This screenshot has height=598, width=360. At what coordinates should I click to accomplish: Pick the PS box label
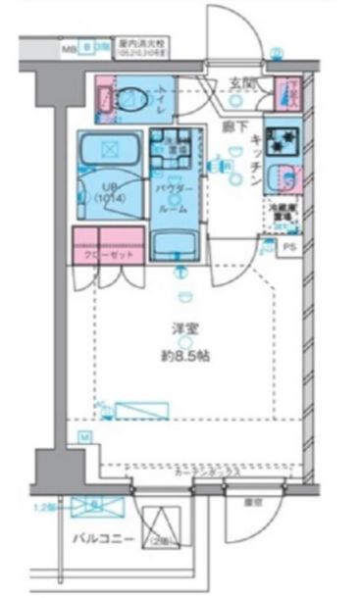tap(287, 248)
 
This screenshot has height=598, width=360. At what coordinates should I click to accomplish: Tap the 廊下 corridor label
tap(232, 126)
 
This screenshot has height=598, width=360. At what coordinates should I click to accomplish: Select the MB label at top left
tap(69, 47)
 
